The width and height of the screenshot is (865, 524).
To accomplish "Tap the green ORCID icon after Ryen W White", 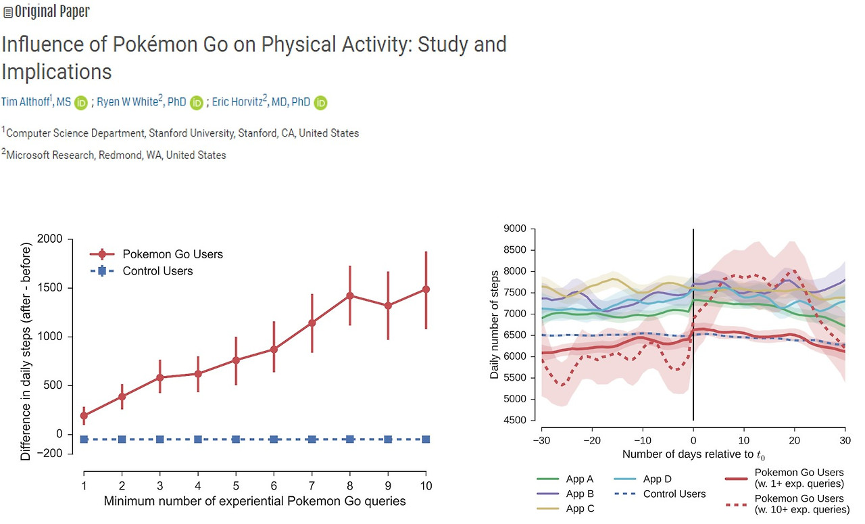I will click(x=197, y=103).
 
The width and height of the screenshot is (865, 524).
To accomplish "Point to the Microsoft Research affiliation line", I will click(x=116, y=155).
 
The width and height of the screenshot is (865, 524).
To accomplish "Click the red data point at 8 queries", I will click(x=349, y=295).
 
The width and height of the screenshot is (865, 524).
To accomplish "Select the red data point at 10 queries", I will click(x=426, y=289).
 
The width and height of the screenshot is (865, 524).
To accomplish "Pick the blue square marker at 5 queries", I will click(x=236, y=439).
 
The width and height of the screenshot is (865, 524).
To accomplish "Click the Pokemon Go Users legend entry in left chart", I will click(x=172, y=254).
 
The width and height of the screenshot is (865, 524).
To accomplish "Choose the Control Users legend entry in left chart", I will click(x=157, y=271).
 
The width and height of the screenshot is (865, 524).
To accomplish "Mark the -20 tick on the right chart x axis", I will click(x=591, y=438).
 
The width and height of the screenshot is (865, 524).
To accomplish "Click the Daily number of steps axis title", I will click(x=495, y=325).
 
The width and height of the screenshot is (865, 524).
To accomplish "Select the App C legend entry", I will click(x=580, y=508).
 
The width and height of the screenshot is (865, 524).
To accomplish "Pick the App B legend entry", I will click(x=580, y=494).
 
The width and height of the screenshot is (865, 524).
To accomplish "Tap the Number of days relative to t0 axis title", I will click(x=695, y=454).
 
